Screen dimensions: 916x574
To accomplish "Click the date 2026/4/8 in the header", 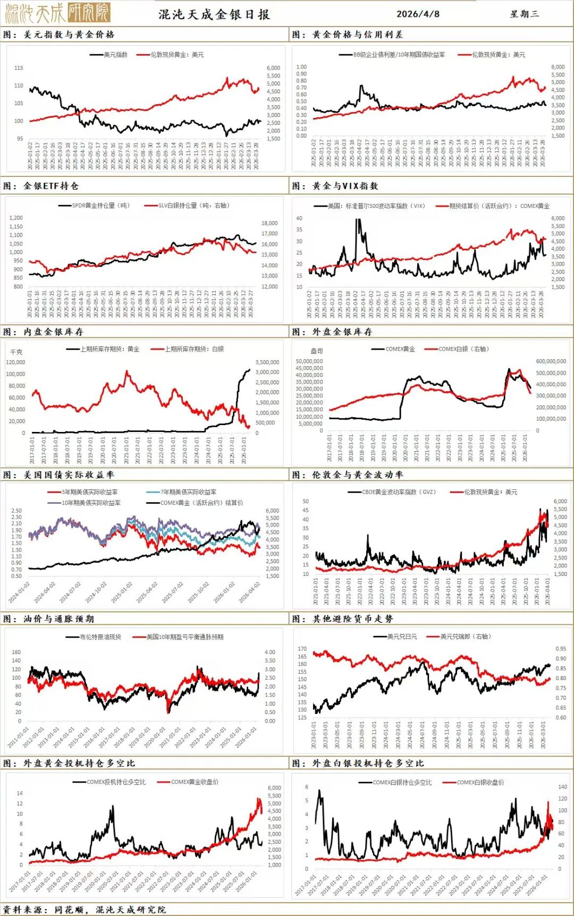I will click(418, 14).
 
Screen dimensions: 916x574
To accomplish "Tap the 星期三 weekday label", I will click(524, 14).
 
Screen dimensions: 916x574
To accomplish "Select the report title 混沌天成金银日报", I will click(214, 14).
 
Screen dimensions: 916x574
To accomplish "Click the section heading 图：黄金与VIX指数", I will click(335, 186).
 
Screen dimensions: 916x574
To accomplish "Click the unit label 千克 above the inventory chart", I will click(16, 352).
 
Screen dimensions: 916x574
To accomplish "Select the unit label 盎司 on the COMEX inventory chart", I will click(317, 351).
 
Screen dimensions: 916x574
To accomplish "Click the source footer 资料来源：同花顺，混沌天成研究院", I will click(85, 910).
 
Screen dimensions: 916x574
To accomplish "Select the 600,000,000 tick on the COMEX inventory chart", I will click(551, 361).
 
